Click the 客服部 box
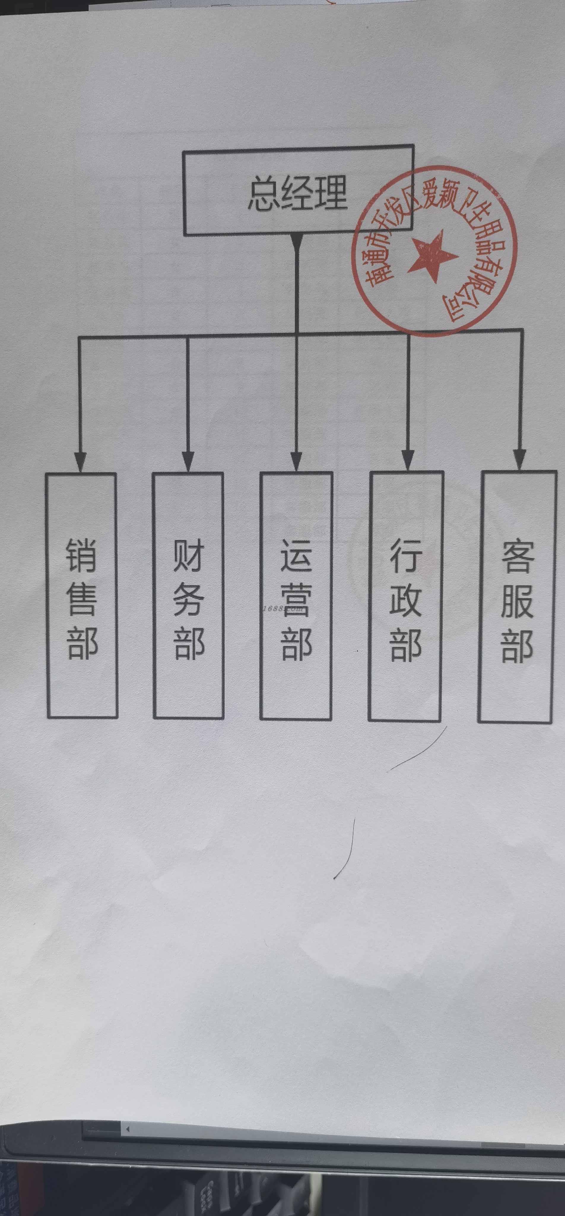pyautogui.click(x=517, y=597)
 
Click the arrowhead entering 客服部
pyautogui.click(x=520, y=459)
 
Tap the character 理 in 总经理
pyautogui.click(x=331, y=193)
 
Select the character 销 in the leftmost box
pyautogui.click(x=82, y=556)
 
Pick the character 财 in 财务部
pyautogui.click(x=188, y=556)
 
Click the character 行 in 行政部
pyautogui.click(x=405, y=557)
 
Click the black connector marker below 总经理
pyautogui.click(x=296, y=241)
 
